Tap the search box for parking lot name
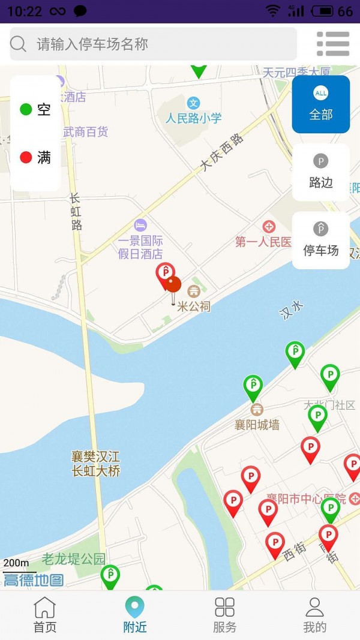[x=153, y=44]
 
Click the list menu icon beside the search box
[x=333, y=44]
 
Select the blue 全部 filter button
[x=320, y=104]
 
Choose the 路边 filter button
[x=320, y=172]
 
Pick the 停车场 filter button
[x=320, y=240]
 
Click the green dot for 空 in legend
[x=26, y=109]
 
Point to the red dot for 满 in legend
[x=26, y=158]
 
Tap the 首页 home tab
[x=45, y=615]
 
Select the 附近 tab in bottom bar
[x=135, y=615]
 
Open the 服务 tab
[x=225, y=615]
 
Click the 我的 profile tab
[x=314, y=615]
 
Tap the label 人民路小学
[x=194, y=118]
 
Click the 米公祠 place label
[x=194, y=307]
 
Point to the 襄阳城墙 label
[x=257, y=425]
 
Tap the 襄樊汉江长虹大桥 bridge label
[x=96, y=464]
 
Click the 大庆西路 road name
[x=223, y=152]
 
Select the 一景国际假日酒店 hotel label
[x=140, y=247]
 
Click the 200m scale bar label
[x=16, y=563]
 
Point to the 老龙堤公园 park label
[x=73, y=559]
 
